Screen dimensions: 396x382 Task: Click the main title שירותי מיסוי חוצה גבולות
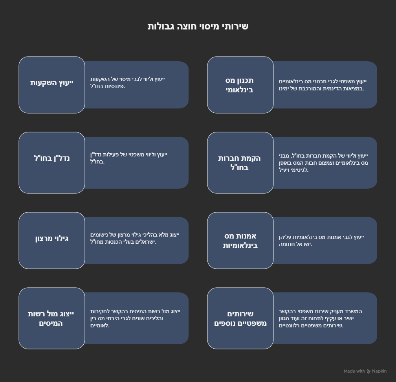198,26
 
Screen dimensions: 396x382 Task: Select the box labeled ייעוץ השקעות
52,85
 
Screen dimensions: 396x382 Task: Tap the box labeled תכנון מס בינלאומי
240,85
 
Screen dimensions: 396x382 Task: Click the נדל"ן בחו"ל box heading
52,163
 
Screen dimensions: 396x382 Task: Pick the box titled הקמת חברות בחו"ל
240,163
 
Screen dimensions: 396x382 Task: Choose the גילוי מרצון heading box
52,241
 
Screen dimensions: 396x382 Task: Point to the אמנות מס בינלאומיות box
240,241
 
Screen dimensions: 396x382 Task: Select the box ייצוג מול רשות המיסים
52,318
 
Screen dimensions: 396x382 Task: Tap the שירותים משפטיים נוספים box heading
240,318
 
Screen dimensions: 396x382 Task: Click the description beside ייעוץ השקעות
128,83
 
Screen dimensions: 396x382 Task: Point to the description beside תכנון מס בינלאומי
323,85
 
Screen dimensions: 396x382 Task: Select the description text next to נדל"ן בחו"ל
129,158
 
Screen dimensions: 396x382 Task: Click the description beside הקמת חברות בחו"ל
323,163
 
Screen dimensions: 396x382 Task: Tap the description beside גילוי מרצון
135,238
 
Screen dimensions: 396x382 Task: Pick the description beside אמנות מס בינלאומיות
321,241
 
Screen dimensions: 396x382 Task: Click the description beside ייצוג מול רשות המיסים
136,318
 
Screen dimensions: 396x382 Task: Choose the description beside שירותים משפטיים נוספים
320,318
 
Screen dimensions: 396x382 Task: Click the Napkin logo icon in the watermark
369,371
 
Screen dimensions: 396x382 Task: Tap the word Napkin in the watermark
379,371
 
